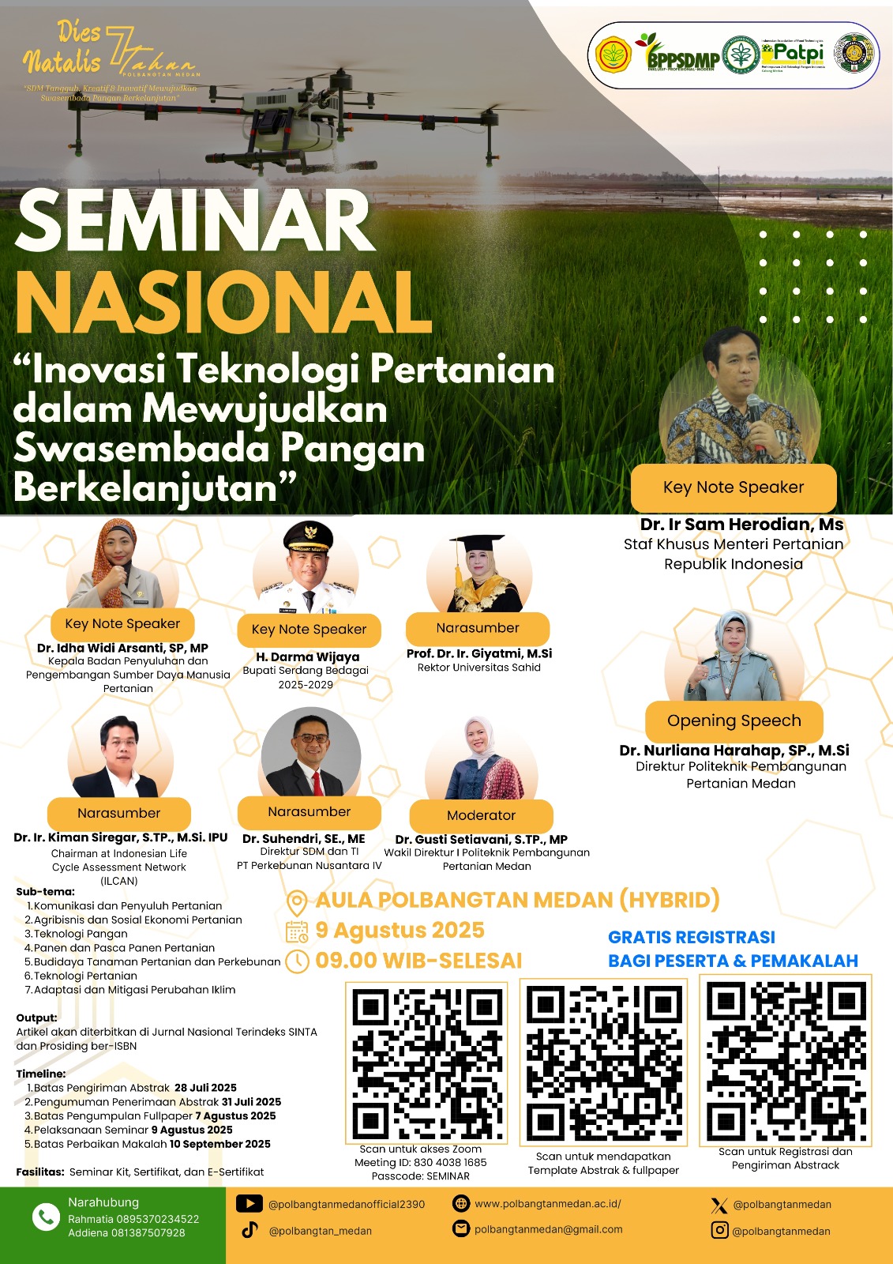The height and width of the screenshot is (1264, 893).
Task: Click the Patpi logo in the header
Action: [x=793, y=55]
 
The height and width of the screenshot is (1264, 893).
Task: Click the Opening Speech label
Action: [x=734, y=721]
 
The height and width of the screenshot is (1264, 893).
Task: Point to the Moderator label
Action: [x=481, y=815]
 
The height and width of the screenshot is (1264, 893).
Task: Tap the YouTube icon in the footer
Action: [x=250, y=1204]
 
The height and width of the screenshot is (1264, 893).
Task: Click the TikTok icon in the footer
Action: [x=250, y=1230]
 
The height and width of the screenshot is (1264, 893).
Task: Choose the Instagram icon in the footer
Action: [x=719, y=1230]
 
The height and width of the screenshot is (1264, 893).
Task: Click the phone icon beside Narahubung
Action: [x=46, y=1217]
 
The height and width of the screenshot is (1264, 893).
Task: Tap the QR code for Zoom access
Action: [x=427, y=1063]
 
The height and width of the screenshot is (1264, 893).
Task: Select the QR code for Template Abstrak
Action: [x=603, y=1063]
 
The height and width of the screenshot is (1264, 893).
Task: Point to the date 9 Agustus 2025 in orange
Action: [x=400, y=931]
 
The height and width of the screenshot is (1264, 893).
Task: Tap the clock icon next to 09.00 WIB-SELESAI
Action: [x=296, y=961]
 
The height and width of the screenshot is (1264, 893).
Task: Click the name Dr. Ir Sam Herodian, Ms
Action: [x=741, y=525]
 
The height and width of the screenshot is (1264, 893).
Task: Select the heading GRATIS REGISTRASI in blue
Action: [x=691, y=938]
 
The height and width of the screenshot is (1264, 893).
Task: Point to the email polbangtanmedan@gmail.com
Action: [x=548, y=1229]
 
